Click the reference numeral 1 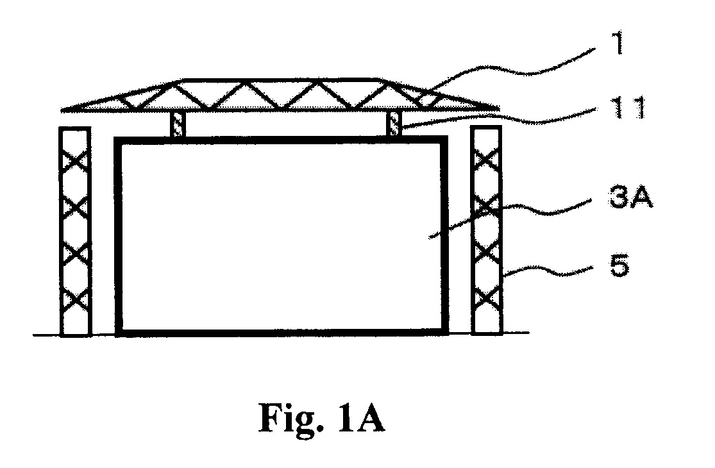click(618, 44)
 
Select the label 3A click(631, 197)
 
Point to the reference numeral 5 click(619, 266)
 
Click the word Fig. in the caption click(290, 419)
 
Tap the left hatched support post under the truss click(178, 124)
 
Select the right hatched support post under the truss click(394, 124)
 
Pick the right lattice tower click(487, 231)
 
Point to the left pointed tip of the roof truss click(62, 110)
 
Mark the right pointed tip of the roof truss click(499, 108)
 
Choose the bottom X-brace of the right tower click(487, 297)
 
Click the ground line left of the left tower click(46, 335)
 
